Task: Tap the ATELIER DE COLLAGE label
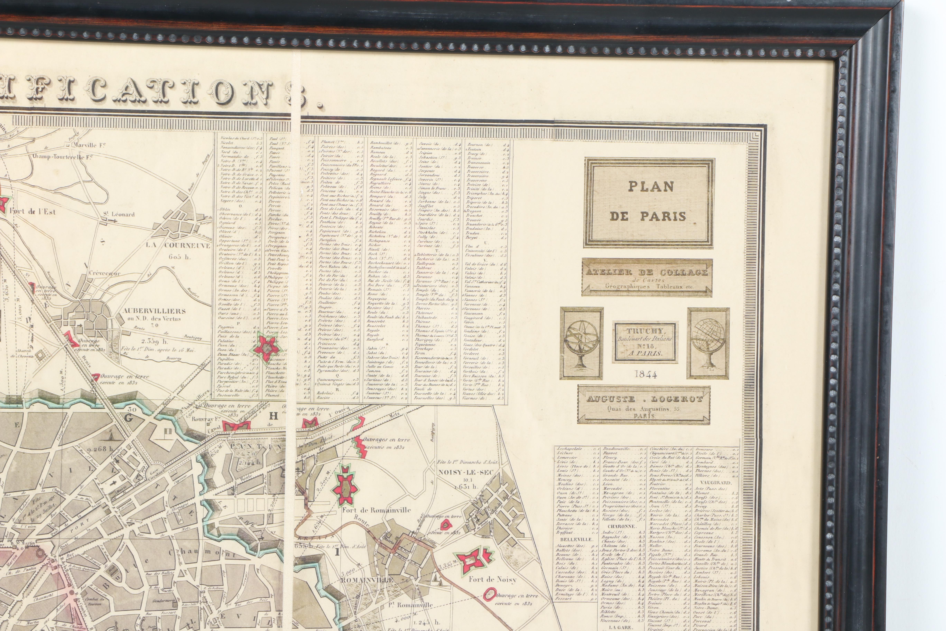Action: [x=647, y=277]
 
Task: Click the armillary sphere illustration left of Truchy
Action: [x=581, y=343]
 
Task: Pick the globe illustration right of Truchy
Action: [x=708, y=343]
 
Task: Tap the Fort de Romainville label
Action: [x=377, y=510]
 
